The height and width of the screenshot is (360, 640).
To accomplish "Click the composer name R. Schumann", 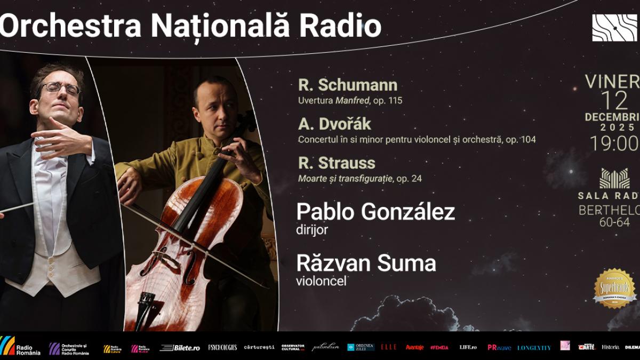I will [348, 85].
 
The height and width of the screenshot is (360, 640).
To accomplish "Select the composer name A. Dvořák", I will [334, 124].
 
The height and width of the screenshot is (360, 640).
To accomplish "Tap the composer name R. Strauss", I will [337, 163].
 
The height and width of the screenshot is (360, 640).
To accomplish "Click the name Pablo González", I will [375, 212].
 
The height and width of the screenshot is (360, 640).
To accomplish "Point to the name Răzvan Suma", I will [366, 263].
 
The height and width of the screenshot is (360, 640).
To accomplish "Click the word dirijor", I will [311, 229].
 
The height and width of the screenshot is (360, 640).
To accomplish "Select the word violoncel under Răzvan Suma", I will [321, 281].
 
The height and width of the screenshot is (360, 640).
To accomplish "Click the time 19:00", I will [614, 143].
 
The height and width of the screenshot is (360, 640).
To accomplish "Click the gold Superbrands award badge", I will [615, 288].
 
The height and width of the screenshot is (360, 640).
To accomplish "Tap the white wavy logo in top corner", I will [614, 28].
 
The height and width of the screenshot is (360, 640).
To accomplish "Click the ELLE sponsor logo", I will [388, 347].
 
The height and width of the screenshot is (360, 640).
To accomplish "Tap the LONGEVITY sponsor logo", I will [533, 348].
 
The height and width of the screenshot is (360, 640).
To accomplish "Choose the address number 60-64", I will [614, 222].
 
